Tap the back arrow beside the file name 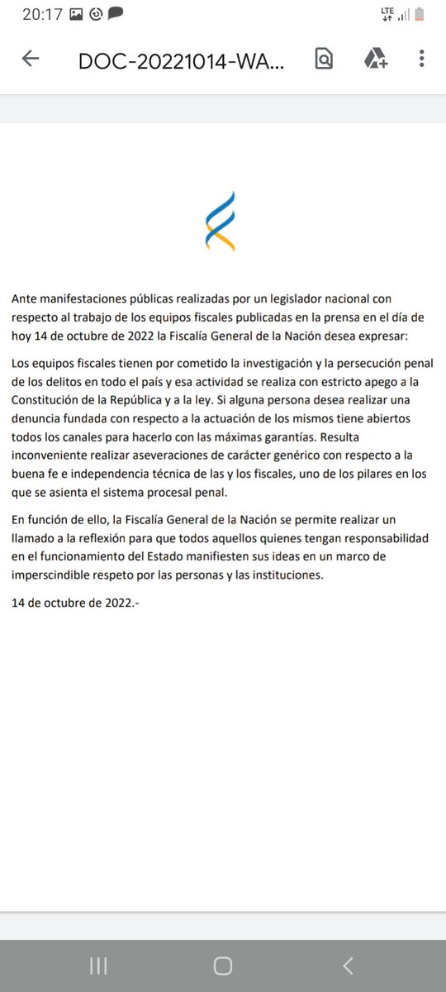31,59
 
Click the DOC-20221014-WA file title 181,60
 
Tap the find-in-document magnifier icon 325,59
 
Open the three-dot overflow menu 421,59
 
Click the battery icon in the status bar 419,14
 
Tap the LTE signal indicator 387,13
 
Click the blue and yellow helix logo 221,221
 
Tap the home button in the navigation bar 222,966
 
